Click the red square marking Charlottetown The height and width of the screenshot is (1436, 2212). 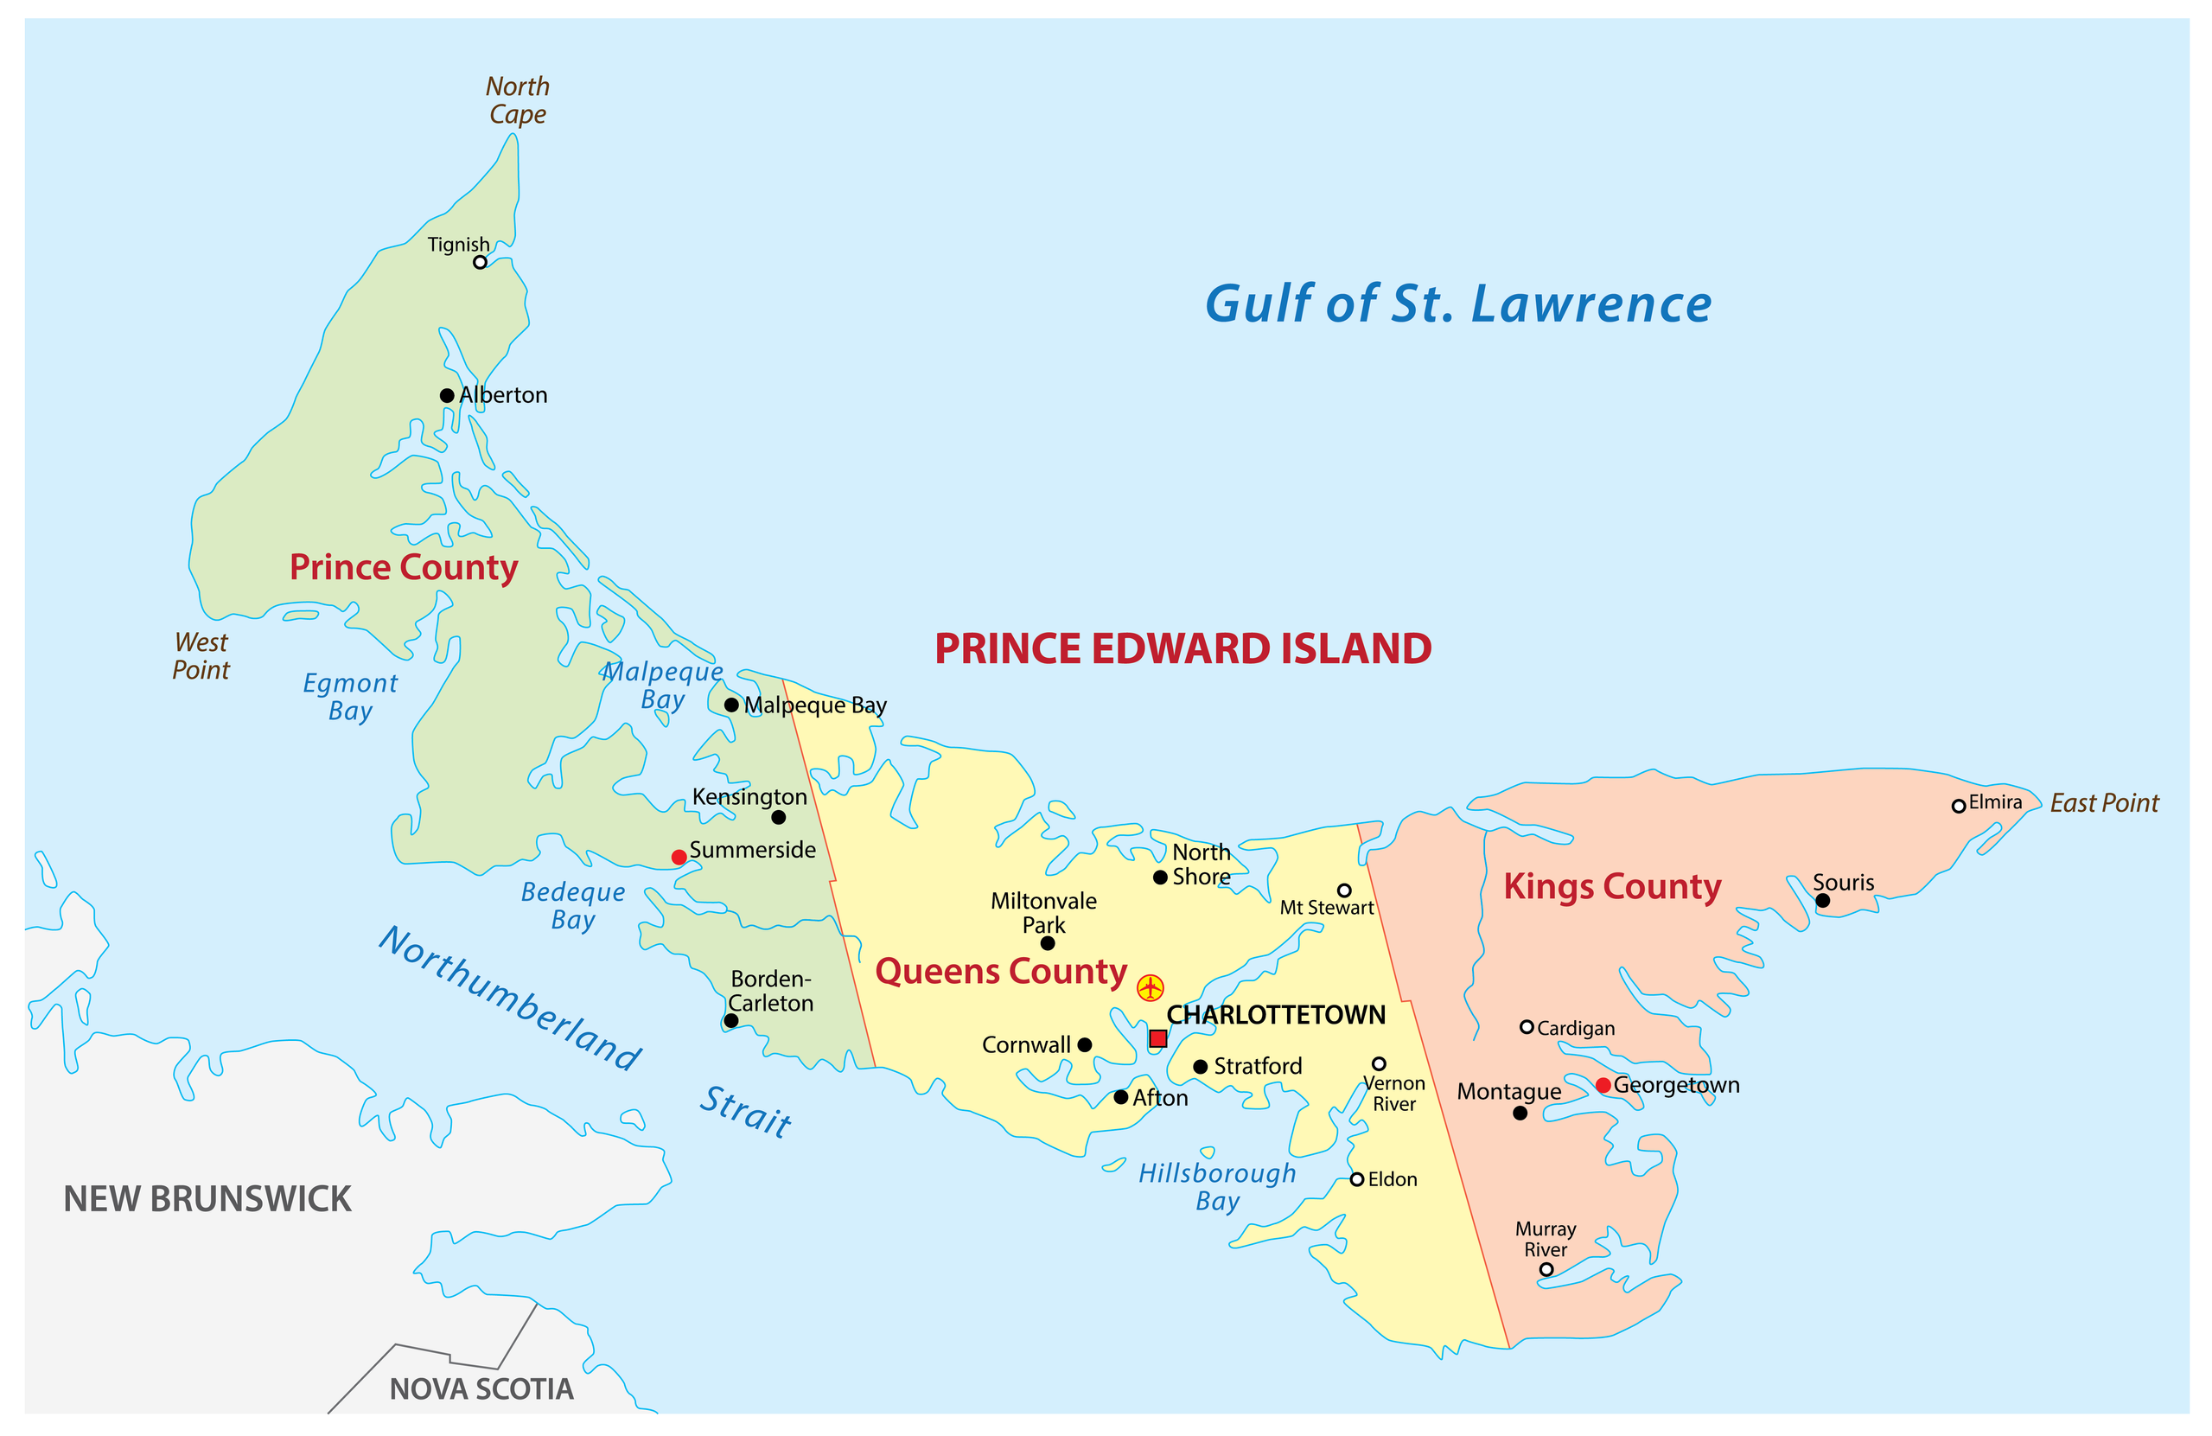(x=1157, y=1038)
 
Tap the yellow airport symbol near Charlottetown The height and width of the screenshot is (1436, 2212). (x=1150, y=987)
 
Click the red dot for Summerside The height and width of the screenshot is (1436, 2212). (x=679, y=857)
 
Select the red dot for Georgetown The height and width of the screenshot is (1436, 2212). (x=1603, y=1085)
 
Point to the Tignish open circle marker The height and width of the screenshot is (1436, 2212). (x=480, y=262)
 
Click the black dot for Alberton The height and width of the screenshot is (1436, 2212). (x=447, y=395)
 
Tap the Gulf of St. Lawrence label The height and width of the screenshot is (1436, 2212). (x=1457, y=304)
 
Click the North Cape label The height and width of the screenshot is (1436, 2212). (x=518, y=100)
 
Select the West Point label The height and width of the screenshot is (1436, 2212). (x=201, y=656)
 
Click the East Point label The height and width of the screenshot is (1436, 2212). (x=2104, y=803)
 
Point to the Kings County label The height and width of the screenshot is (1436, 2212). (x=1612, y=887)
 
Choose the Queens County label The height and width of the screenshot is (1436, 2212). (x=1001, y=971)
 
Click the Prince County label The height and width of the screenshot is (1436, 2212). (x=404, y=567)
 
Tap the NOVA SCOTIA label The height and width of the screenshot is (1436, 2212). (x=481, y=1388)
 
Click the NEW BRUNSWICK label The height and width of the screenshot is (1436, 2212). (x=207, y=1199)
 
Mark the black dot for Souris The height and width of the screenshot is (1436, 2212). (x=1822, y=901)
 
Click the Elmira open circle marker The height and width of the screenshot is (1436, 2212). (x=1958, y=806)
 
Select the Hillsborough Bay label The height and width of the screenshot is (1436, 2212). (x=1218, y=1187)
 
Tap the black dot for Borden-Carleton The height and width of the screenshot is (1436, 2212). (x=730, y=1020)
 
